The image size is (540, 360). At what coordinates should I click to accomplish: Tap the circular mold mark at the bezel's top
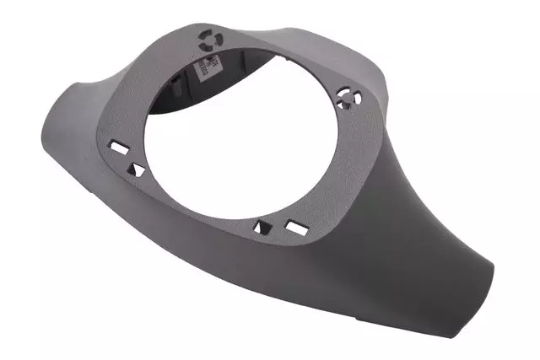pyautogui.click(x=207, y=37)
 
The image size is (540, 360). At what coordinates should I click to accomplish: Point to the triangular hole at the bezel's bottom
pyautogui.click(x=262, y=225)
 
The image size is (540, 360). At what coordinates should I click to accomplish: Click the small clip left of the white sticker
pyautogui.click(x=181, y=80)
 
